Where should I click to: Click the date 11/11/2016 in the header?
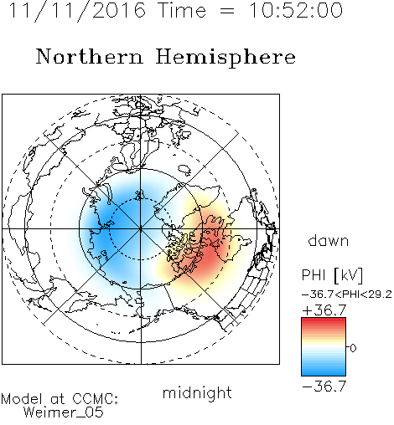(x=77, y=11)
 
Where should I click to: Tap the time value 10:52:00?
(x=296, y=11)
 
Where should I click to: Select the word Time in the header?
(x=182, y=11)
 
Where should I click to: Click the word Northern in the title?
(x=90, y=56)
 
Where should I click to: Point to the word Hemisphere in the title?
(x=226, y=58)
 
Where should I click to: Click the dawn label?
(x=329, y=240)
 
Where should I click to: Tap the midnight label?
(x=197, y=392)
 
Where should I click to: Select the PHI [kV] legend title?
(x=332, y=275)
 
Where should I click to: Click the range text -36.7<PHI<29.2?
(x=347, y=294)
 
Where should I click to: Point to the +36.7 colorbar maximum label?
(x=324, y=310)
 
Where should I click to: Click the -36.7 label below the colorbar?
(x=324, y=387)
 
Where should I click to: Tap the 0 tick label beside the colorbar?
(x=353, y=348)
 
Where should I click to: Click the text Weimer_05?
(x=64, y=412)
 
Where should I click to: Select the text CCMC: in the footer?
(x=96, y=399)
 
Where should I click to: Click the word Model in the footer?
(x=22, y=399)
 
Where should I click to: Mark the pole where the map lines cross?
(x=141, y=229)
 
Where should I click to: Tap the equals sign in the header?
(x=227, y=11)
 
